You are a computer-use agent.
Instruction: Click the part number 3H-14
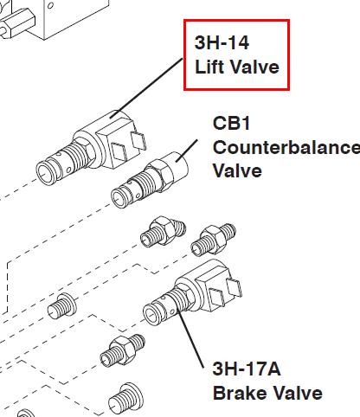pos(222,42)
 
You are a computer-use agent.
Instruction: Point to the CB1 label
pos(231,123)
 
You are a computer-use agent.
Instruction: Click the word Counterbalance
pos(286,147)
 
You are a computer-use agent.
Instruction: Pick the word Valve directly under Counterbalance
pos(237,170)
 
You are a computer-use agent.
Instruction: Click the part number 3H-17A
pos(247,369)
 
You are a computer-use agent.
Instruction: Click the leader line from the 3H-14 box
pos(146,87)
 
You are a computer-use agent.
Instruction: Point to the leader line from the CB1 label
pos(186,151)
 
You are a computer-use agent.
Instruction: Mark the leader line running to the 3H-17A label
pos(190,338)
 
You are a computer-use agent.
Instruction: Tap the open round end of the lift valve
pos(45,173)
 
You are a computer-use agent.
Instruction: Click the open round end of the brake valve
pos(152,314)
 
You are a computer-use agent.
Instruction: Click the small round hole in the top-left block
pos(50,5)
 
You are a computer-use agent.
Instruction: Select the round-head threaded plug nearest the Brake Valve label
pos(125,400)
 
